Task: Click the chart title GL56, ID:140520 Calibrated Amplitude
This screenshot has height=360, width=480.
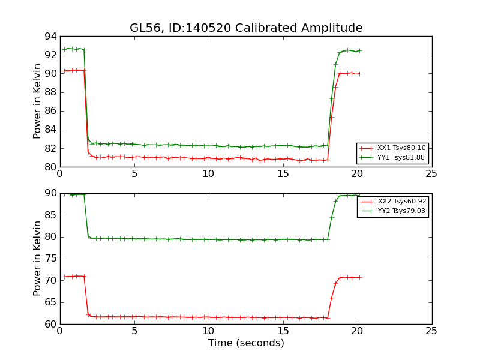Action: (x=246, y=28)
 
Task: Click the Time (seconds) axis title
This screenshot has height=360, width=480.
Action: (x=246, y=343)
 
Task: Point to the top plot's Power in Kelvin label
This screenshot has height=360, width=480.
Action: (x=37, y=101)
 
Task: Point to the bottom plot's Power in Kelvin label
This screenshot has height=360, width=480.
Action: (x=37, y=258)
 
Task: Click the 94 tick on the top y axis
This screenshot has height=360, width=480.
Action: (x=50, y=36)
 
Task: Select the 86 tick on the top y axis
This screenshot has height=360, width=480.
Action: (x=50, y=111)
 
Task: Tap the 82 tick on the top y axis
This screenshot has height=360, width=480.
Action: (x=50, y=148)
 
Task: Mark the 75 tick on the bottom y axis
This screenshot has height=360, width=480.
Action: (x=50, y=259)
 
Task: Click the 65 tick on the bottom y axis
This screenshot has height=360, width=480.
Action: (x=50, y=302)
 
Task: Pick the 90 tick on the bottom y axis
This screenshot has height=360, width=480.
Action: (x=50, y=193)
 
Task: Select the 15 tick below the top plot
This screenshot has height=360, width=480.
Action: (x=283, y=174)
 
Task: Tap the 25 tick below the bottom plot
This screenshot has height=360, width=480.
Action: (x=432, y=331)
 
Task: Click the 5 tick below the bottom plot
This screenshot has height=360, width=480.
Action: (x=134, y=331)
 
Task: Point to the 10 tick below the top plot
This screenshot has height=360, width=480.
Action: (x=209, y=174)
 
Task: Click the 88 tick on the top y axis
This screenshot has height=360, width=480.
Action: (x=50, y=92)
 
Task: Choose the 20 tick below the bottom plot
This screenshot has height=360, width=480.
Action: (x=358, y=331)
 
